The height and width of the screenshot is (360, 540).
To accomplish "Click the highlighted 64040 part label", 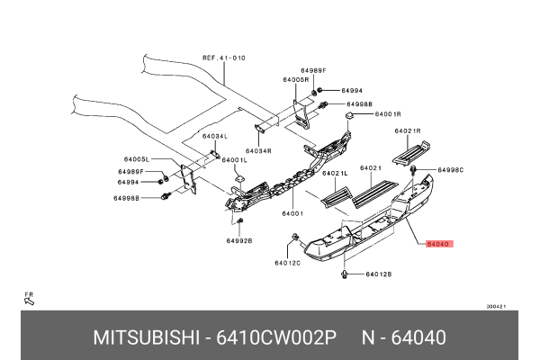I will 439,243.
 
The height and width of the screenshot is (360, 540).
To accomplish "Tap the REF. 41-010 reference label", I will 223,58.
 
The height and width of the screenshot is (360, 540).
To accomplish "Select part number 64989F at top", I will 314,70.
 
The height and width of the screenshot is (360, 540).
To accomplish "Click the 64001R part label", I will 387,114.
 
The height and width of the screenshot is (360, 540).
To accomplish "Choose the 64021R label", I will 408,130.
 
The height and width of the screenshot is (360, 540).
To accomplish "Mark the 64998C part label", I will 450,169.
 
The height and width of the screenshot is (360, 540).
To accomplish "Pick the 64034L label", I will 215,136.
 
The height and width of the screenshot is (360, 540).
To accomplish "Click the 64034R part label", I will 258,151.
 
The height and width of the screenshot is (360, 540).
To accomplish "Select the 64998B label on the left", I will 128,196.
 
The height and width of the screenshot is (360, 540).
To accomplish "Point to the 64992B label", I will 239,241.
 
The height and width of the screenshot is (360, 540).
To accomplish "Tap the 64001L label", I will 234,160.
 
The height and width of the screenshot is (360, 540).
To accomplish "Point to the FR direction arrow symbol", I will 29,299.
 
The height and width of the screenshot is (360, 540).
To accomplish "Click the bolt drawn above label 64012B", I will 345,272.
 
